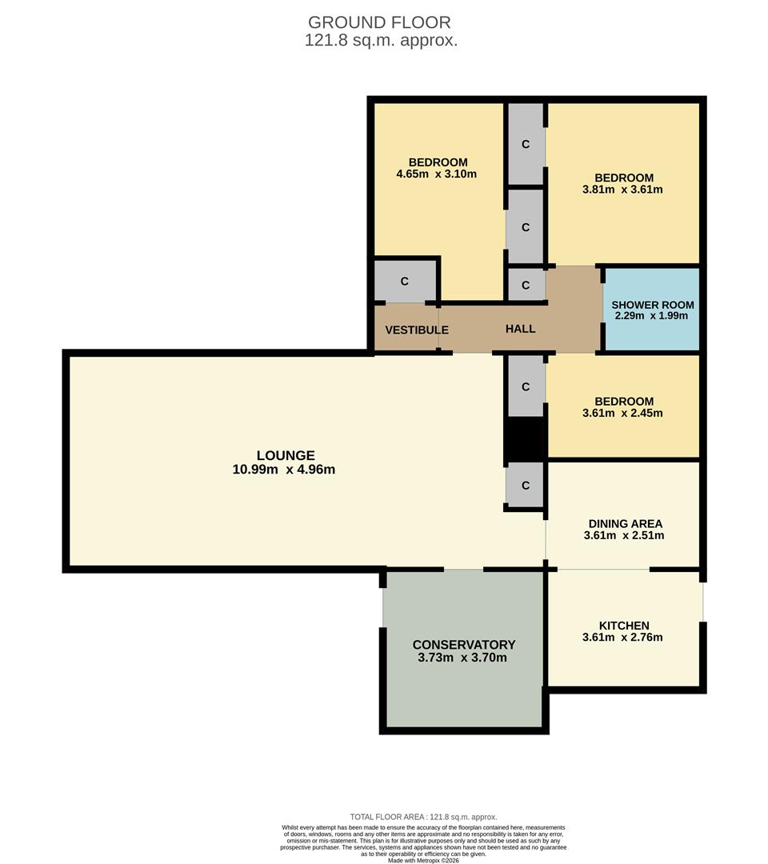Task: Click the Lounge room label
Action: point(285,455)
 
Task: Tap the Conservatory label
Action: point(463,645)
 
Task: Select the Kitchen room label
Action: point(624,626)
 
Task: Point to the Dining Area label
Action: point(624,524)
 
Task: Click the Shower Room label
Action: point(652,305)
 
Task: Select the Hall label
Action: point(520,329)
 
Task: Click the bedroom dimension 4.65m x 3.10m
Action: point(436,174)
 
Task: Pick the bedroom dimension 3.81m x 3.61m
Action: point(622,190)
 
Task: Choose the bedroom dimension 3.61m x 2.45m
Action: point(622,414)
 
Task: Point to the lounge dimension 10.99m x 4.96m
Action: point(284,470)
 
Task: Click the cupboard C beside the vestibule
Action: point(405,282)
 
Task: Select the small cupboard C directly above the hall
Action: point(526,286)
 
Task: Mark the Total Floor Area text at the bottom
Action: point(423,817)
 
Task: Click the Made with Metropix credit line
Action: point(424,861)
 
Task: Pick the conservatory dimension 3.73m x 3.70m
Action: point(462,658)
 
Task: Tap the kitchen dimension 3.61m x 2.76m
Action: point(622,638)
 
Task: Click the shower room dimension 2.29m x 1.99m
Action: point(651,316)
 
